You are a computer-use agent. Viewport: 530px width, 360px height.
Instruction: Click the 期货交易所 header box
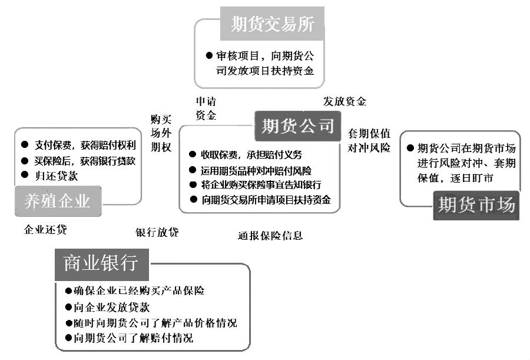point(272,24)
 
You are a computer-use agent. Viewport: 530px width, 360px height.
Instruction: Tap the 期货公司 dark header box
point(297,126)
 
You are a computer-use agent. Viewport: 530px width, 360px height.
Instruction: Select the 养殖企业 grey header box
point(58,201)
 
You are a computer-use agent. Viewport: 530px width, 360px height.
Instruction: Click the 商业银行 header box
point(101,265)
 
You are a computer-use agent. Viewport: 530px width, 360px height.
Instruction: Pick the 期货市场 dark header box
point(476,206)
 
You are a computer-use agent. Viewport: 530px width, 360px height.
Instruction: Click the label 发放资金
point(344,101)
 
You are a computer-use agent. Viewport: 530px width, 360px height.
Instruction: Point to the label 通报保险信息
point(270,236)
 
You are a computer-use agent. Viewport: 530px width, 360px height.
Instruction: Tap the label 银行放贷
point(157,232)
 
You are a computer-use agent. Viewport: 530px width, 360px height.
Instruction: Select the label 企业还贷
point(45,230)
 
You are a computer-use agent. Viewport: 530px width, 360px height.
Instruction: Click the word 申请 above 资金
point(206,101)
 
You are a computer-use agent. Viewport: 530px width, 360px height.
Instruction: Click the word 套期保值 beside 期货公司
point(369,133)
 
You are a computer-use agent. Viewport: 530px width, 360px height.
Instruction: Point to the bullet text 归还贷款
point(57,176)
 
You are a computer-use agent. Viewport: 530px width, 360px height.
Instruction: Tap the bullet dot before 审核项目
point(209,55)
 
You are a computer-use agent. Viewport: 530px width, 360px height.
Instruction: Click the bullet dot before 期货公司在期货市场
point(410,148)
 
